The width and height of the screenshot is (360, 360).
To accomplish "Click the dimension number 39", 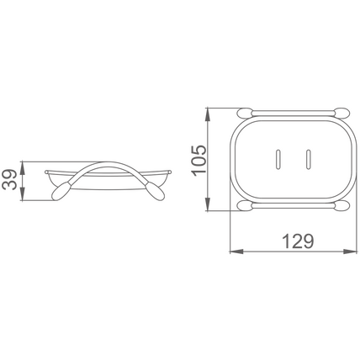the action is click(10, 180).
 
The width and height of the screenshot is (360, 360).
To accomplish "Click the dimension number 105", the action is click(199, 161).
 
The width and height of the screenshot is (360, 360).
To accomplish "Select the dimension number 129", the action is click(298, 241).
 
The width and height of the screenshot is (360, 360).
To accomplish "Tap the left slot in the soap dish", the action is click(278, 160).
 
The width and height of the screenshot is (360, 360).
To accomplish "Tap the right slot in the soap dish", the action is click(308, 160).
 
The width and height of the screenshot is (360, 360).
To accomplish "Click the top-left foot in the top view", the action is click(245, 113).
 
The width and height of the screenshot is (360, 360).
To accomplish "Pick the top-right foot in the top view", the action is click(342, 113).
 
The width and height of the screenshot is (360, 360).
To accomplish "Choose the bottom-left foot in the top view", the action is click(245, 205).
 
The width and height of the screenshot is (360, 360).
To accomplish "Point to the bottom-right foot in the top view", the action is click(342, 205).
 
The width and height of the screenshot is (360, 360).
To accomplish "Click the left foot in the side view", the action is click(61, 192).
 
